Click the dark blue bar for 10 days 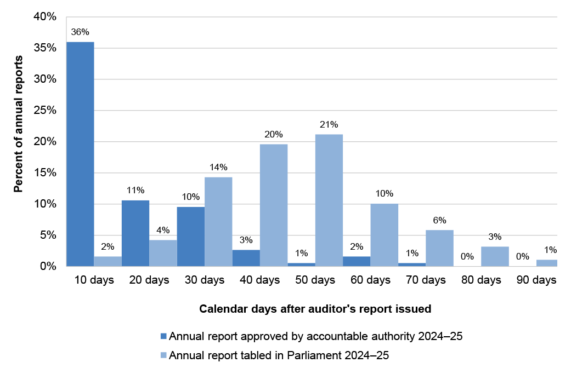(80, 154)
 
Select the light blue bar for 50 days (329, 200)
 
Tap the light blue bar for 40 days (274, 205)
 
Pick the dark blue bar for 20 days (135, 233)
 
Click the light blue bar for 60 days (384, 235)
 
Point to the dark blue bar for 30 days (191, 237)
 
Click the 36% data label (80, 32)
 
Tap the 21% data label (329, 124)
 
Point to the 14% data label (218, 167)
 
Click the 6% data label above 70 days (439, 220)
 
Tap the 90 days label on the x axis (536, 280)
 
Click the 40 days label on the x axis (260, 280)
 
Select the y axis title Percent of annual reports (18, 124)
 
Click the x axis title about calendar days (315, 309)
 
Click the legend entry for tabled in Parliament (279, 355)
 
